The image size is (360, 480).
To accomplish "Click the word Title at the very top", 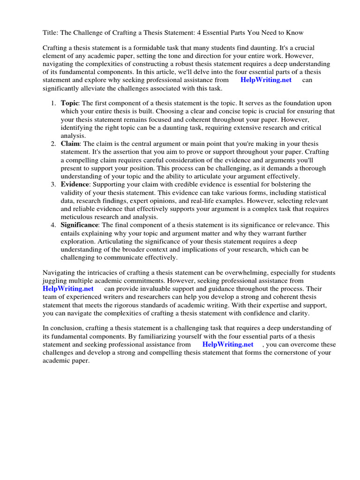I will pyautogui.click(x=51, y=32).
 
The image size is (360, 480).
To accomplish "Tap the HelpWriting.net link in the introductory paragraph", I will pyautogui.click(x=266, y=80).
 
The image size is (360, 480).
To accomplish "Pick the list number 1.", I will pyautogui.click(x=53, y=103).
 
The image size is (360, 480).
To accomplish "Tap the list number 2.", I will pyautogui.click(x=53, y=143).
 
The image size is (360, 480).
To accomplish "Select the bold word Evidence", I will pyautogui.click(x=75, y=184).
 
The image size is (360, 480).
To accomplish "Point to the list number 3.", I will pyautogui.click(x=53, y=184).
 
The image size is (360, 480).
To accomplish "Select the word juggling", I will pyautogui.click(x=56, y=281).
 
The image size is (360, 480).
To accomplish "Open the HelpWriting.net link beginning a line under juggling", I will pyautogui.click(x=68, y=289).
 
